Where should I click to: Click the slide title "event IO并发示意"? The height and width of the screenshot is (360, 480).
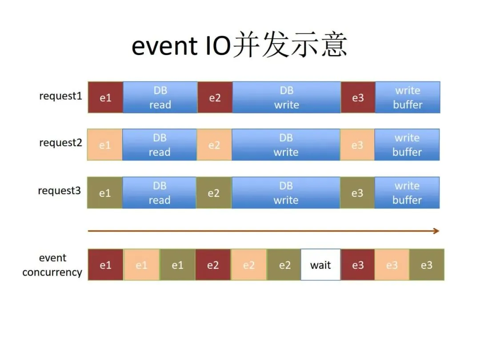[239, 45]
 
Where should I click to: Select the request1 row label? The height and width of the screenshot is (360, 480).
[60, 96]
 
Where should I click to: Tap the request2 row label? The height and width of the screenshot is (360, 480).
[60, 143]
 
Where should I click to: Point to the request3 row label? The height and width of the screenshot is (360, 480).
[60, 191]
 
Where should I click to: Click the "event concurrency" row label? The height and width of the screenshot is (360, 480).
[52, 265]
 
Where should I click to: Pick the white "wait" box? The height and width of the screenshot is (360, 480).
[320, 265]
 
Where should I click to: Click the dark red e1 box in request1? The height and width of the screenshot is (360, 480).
[105, 98]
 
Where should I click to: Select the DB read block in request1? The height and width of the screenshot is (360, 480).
[160, 98]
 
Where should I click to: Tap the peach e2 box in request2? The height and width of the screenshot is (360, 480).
[214, 145]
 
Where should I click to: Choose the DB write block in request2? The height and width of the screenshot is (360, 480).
[286, 145]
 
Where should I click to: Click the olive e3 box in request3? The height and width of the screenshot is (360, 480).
[357, 193]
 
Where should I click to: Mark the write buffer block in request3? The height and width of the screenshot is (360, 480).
[407, 193]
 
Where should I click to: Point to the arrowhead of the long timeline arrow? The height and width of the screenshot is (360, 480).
[436, 231]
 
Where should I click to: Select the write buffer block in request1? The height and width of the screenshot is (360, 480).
[408, 98]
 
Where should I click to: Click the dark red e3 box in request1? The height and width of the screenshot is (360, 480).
[358, 98]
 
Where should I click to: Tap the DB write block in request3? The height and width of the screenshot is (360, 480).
[286, 193]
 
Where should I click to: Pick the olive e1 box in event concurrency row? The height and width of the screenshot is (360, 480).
[177, 265]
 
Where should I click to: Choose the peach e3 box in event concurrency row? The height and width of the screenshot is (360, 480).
[392, 265]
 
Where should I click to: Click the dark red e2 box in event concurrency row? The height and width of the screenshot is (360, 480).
[213, 265]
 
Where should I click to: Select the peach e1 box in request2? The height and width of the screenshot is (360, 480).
[105, 145]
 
